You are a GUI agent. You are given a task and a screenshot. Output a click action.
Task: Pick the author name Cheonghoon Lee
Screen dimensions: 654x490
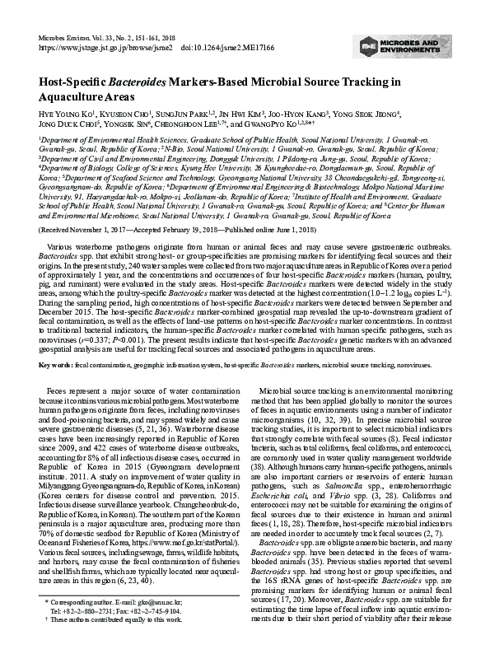coord(197,126)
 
